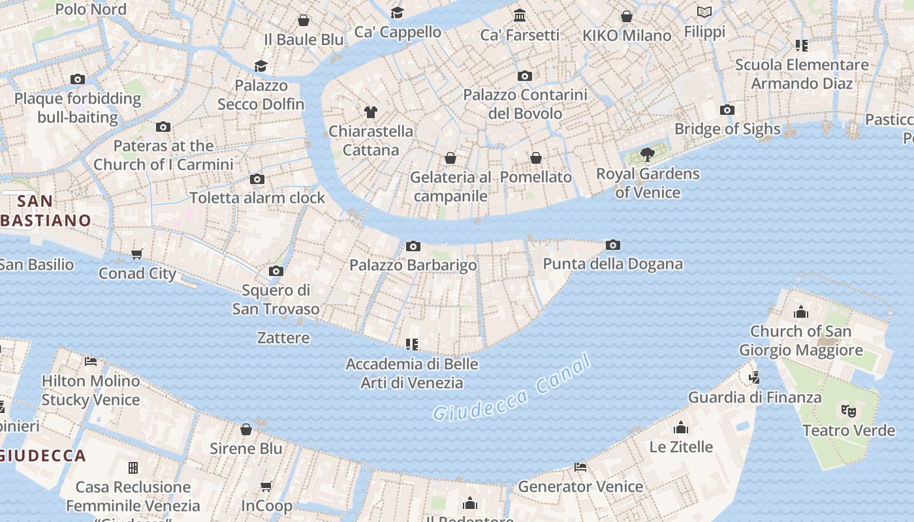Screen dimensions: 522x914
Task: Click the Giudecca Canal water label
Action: tap(512, 389)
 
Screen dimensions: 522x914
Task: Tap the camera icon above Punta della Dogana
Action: tap(612, 245)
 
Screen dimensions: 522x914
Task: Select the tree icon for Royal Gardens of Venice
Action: tap(647, 155)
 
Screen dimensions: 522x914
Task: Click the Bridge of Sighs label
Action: tap(727, 129)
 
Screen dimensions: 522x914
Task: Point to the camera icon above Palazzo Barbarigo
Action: tap(413, 246)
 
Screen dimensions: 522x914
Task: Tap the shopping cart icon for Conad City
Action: tap(136, 254)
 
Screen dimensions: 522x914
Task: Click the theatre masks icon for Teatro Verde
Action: tap(848, 410)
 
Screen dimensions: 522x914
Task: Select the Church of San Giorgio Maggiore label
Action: tap(800, 341)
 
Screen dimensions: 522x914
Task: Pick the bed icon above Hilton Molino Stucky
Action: tap(91, 361)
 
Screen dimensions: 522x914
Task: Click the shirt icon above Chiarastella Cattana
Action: tap(371, 112)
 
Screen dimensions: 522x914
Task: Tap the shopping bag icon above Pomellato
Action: tap(535, 158)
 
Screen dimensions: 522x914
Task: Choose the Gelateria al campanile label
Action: tap(450, 187)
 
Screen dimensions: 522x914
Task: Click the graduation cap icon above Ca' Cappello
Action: tap(397, 12)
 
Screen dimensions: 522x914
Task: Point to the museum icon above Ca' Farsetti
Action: tap(520, 15)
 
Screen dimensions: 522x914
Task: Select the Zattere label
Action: tap(283, 338)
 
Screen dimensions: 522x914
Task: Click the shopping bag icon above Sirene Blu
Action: tap(246, 429)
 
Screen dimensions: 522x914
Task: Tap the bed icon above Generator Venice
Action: tap(580, 467)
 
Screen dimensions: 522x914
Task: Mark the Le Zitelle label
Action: tap(681, 447)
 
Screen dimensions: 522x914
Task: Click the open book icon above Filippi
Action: tap(704, 12)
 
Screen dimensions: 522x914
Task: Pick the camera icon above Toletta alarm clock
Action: tap(257, 179)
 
